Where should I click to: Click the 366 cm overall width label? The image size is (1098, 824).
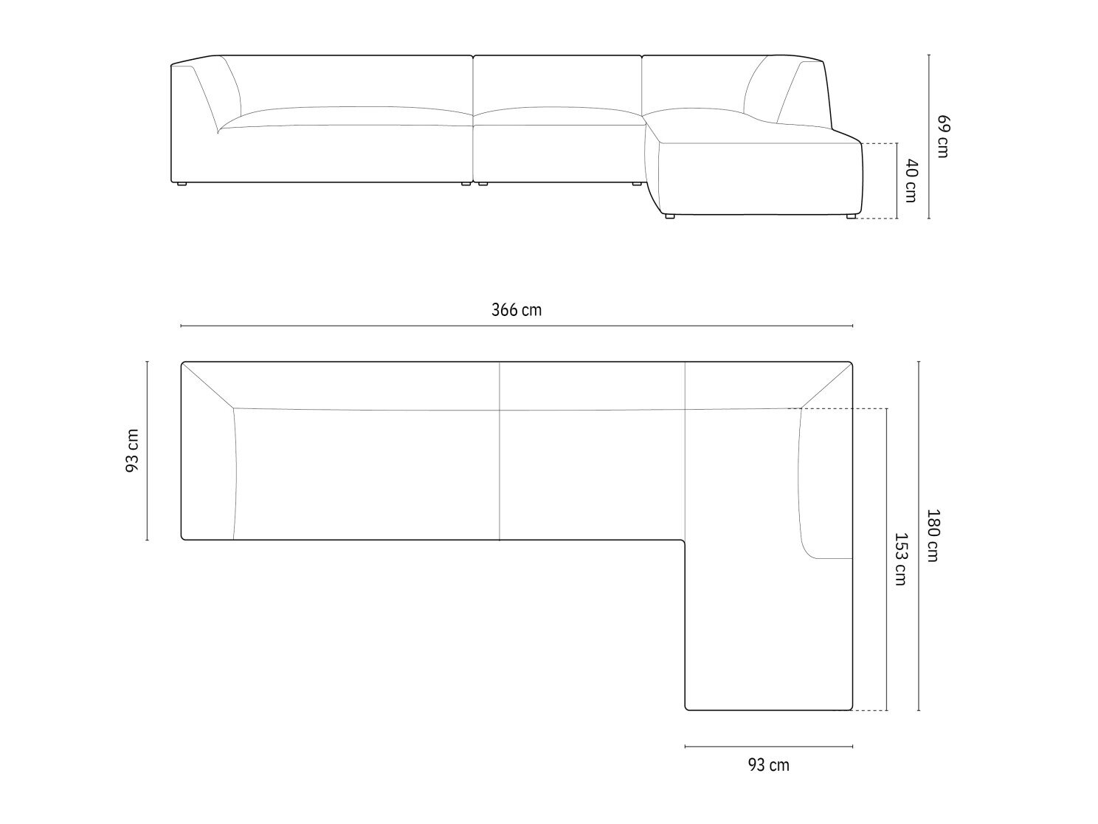517,310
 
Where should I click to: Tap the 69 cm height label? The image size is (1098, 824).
942,136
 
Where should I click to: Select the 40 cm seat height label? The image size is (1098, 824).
911,181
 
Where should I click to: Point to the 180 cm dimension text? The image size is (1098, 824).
932,535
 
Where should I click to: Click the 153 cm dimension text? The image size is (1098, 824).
900,559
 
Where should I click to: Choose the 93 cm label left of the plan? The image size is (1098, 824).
132,451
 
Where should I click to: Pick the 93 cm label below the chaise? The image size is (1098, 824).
768,765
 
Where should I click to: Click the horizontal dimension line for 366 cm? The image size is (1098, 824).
517,326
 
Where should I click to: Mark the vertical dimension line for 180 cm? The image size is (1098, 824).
919,535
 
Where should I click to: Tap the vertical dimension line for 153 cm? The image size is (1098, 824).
886,560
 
